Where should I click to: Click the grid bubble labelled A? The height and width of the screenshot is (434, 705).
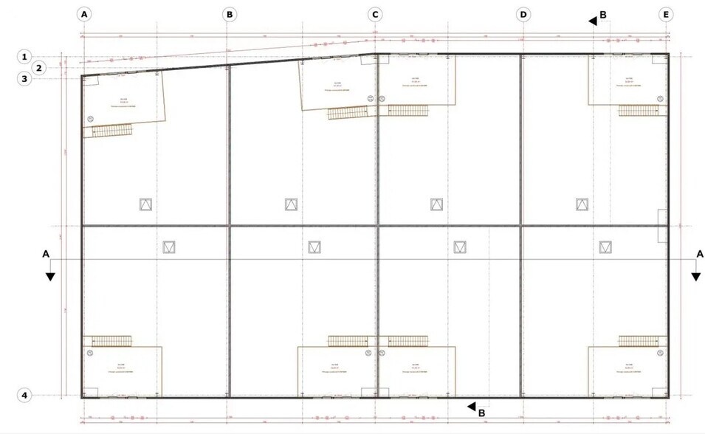pos(84,14)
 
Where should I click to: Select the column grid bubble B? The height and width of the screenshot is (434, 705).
pos(230,14)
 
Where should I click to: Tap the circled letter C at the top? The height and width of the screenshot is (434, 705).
pos(375,14)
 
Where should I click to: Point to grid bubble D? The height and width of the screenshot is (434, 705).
pos(523,14)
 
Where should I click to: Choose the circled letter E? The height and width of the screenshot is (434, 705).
pos(667,14)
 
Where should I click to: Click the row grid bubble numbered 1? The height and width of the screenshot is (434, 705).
pos(24,56)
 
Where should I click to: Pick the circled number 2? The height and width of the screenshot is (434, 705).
pos(41,67)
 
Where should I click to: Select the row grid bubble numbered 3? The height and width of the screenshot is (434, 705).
pos(24,78)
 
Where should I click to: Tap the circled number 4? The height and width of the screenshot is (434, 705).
pos(24,396)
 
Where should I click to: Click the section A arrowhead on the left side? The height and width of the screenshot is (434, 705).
pos(50,276)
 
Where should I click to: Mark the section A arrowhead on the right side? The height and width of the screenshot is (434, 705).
pos(695,276)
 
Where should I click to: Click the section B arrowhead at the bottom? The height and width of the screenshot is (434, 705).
pos(470,405)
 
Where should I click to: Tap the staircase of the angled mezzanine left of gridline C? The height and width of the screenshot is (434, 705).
pos(347,113)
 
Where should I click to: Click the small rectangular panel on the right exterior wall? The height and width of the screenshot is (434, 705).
pos(662,224)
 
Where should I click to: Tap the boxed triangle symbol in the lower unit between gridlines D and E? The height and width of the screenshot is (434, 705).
pos(605,247)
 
